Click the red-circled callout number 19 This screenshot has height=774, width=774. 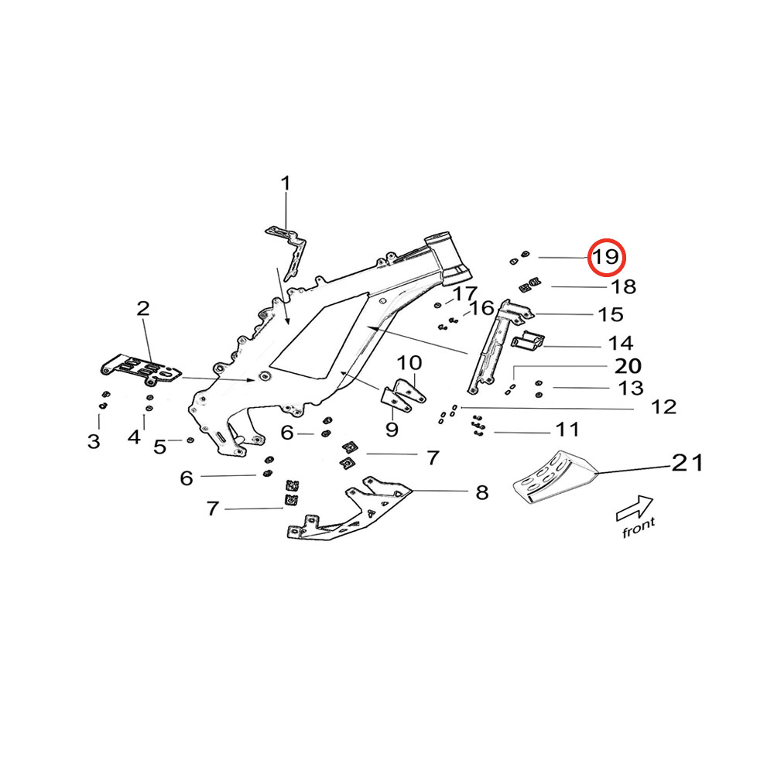[606, 258]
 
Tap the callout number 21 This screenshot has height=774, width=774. [687, 464]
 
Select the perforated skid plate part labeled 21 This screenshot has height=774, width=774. [555, 477]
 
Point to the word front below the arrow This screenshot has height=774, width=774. [639, 528]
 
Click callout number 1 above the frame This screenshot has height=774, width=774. [286, 184]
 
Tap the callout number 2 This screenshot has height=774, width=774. [143, 310]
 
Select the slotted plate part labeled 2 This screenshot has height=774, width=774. [142, 370]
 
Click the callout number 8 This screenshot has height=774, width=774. [482, 492]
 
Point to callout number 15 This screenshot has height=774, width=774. [611, 314]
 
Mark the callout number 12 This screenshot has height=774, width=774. [664, 407]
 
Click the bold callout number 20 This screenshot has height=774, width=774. [628, 365]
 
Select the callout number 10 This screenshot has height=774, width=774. [410, 362]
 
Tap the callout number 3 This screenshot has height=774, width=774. [94, 441]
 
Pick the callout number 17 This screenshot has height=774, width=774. [466, 294]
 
